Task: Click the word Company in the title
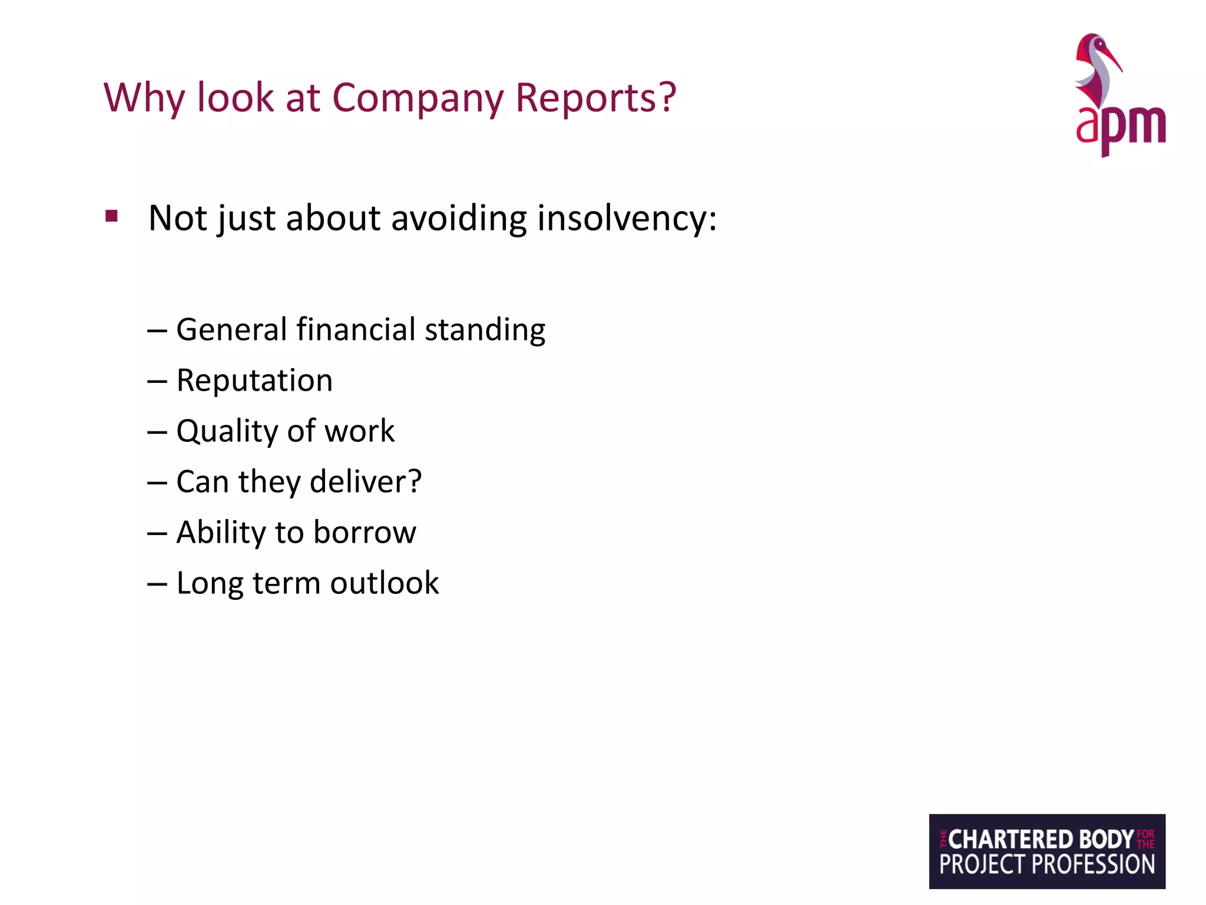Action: pyautogui.click(x=418, y=98)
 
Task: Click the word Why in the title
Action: pyautogui.click(x=144, y=98)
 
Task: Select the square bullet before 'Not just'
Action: pyautogui.click(x=112, y=216)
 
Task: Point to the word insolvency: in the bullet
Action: pyautogui.click(x=627, y=219)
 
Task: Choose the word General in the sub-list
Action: pyautogui.click(x=231, y=329)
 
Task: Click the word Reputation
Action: pyautogui.click(x=254, y=381)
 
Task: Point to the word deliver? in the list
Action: pyautogui.click(x=366, y=481)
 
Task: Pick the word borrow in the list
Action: pyautogui.click(x=365, y=533)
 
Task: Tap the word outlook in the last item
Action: pyautogui.click(x=384, y=583)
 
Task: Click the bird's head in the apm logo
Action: pyautogui.click(x=1096, y=47)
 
